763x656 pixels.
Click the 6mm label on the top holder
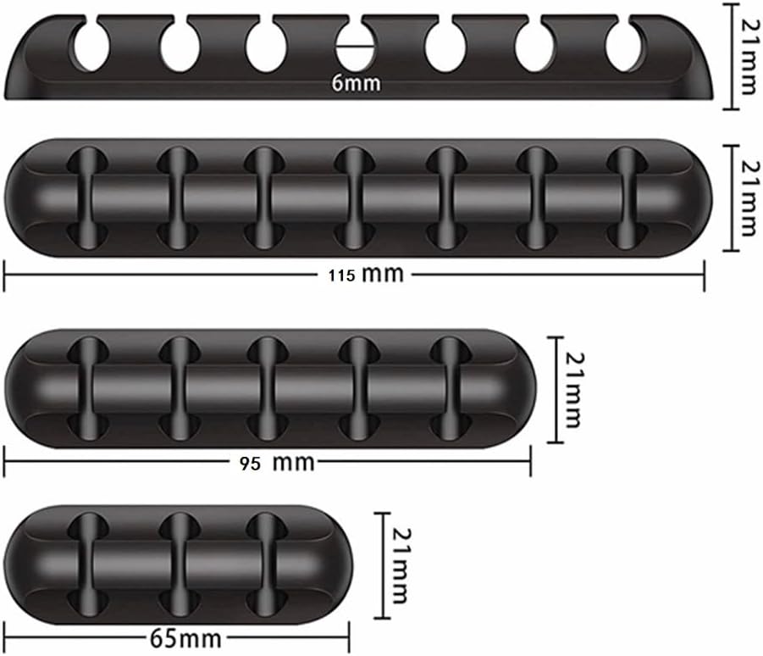pyautogui.click(x=357, y=83)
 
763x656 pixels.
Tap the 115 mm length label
pyautogui.click(x=366, y=275)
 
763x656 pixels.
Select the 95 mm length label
pyautogui.click(x=277, y=462)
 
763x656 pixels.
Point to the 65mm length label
pyautogui.click(x=185, y=638)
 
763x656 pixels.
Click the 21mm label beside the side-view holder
pyautogui.click(x=749, y=56)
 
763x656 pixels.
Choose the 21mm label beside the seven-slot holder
pyautogui.click(x=749, y=198)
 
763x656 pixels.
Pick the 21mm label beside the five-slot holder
pyautogui.click(x=574, y=390)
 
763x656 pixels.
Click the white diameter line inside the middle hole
pyautogui.click(x=355, y=47)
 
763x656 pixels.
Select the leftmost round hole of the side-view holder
pyautogui.click(x=91, y=47)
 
